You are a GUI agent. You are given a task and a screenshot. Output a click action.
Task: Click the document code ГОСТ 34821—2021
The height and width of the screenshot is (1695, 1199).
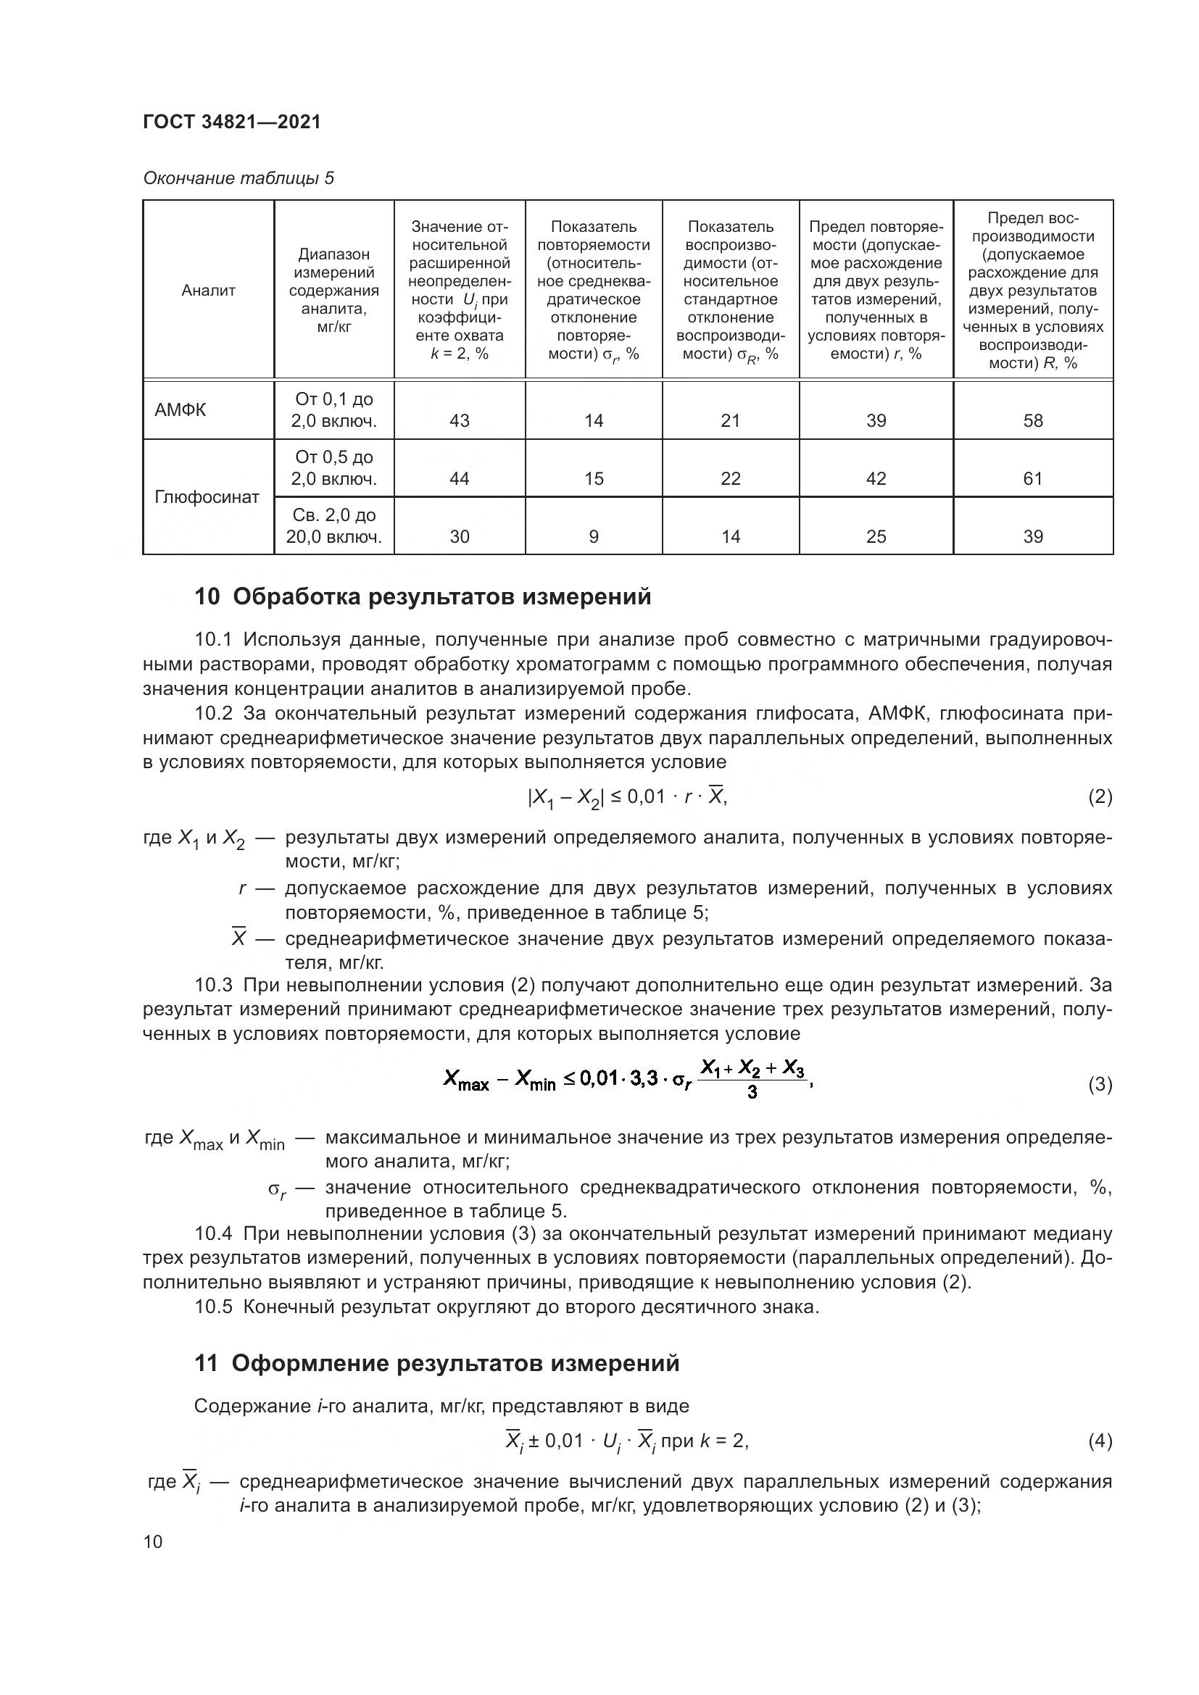click(232, 122)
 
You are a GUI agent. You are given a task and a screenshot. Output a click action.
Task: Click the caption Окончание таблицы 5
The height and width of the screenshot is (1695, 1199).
click(238, 178)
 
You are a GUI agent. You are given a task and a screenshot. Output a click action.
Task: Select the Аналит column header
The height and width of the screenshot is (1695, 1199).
click(208, 290)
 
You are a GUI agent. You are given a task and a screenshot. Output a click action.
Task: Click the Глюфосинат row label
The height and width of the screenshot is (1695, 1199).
click(207, 497)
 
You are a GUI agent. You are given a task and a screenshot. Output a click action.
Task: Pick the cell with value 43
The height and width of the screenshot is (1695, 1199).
click(459, 421)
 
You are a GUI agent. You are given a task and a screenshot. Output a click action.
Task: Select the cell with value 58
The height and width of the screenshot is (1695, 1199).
click(1032, 421)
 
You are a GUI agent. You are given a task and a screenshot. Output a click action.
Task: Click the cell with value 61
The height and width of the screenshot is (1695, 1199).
click(1032, 478)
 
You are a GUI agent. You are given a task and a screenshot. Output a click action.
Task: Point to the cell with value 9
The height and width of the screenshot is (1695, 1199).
click(594, 537)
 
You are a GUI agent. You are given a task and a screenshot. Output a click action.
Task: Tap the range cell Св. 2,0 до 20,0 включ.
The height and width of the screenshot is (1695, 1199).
click(333, 525)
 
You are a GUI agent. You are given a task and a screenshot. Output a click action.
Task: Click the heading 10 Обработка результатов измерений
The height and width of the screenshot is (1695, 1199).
click(423, 596)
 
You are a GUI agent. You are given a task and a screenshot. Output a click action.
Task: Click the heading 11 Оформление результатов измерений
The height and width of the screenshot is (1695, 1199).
click(436, 1363)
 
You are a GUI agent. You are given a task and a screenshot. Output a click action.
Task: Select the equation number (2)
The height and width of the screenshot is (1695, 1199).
click(1100, 796)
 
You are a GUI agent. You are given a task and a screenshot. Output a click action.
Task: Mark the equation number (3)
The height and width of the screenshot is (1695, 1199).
click(1100, 1085)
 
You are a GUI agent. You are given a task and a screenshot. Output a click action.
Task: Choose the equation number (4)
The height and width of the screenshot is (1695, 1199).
click(1100, 1441)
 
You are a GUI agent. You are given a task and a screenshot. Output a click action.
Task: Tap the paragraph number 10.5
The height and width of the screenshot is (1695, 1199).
click(213, 1307)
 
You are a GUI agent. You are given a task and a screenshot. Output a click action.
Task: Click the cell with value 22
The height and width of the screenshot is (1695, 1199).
click(730, 478)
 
